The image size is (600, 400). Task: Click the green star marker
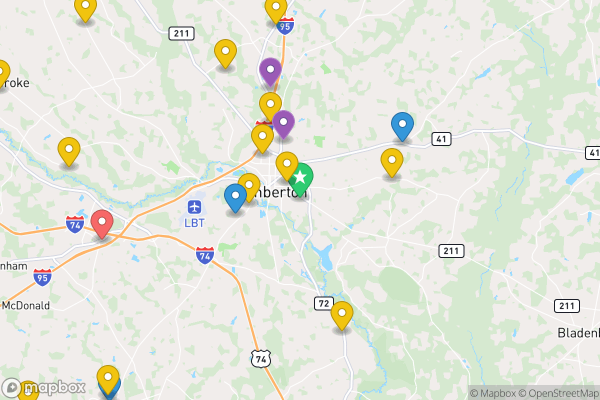(300, 177)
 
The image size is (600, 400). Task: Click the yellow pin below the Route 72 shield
(342, 313)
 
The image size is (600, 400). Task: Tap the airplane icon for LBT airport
(194, 206)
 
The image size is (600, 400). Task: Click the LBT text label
(194, 223)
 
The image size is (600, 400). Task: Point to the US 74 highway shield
(261, 358)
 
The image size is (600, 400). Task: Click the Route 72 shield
(324, 303)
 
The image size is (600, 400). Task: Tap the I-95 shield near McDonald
(43, 277)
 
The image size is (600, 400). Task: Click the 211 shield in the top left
(181, 33)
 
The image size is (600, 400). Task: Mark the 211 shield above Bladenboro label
(566, 306)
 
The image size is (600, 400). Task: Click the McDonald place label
(26, 305)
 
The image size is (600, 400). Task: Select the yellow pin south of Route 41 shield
(392, 160)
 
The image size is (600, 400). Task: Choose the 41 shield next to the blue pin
(440, 139)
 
